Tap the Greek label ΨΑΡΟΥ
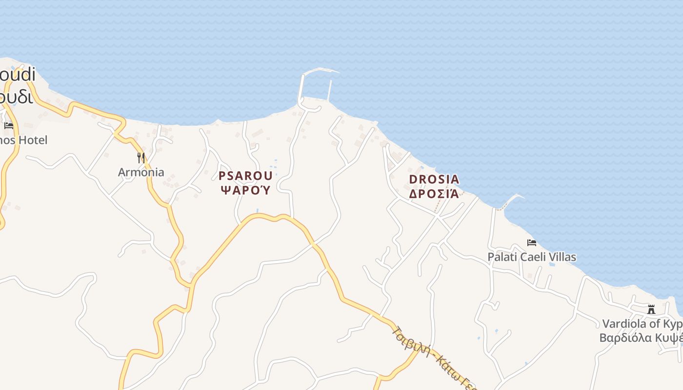pyautogui.click(x=245, y=190)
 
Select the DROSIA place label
pyautogui.click(x=434, y=179)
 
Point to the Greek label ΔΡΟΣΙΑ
pyautogui.click(x=434, y=194)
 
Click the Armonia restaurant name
pyautogui.click(x=141, y=172)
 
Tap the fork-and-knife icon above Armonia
pyautogui.click(x=141, y=157)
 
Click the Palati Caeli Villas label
pyautogui.click(x=532, y=257)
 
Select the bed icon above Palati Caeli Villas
pyautogui.click(x=532, y=242)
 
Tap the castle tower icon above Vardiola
pyautogui.click(x=651, y=309)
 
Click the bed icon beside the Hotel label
pyautogui.click(x=9, y=125)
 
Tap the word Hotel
pyautogui.click(x=35, y=140)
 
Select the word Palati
pyautogui.click(x=501, y=257)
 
